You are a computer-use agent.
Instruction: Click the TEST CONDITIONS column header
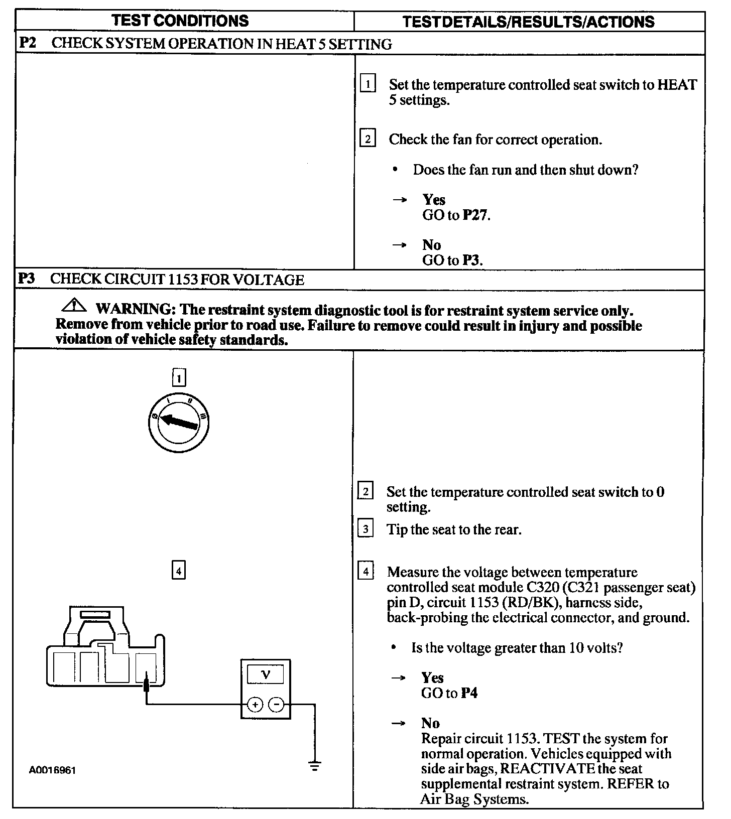pyautogui.click(x=180, y=21)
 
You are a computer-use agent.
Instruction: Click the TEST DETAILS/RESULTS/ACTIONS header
pyautogui.click(x=529, y=22)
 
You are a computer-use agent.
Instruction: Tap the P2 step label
pyautogui.click(x=28, y=43)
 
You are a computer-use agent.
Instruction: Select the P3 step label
pyautogui.click(x=27, y=279)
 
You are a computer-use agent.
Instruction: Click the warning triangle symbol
pyautogui.click(x=73, y=305)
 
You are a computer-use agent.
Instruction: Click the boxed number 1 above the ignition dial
pyautogui.click(x=179, y=377)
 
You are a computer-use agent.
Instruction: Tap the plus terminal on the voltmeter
pyautogui.click(x=255, y=705)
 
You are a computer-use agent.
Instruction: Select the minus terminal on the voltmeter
pyautogui.click(x=277, y=705)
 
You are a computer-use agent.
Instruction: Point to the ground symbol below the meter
pyautogui.click(x=315, y=766)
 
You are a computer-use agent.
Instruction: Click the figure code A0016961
pyautogui.click(x=52, y=770)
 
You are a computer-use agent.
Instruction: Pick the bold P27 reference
pyautogui.click(x=475, y=215)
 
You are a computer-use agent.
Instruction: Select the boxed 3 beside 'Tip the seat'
pyautogui.click(x=365, y=529)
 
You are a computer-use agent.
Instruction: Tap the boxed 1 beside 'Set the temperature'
pyautogui.click(x=368, y=84)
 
